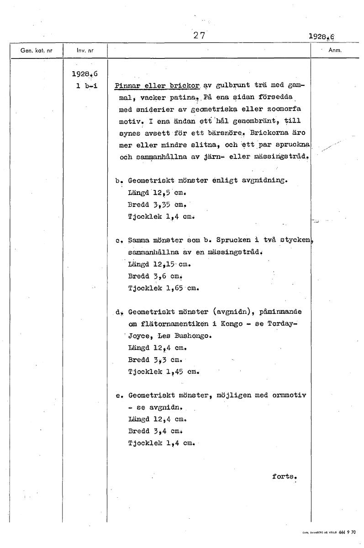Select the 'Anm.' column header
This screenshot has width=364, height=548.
(x=335, y=51)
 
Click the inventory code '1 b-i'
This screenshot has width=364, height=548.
(x=87, y=85)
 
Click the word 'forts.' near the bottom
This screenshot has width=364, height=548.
(x=285, y=476)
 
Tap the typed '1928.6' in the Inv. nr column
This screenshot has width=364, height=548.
(x=85, y=74)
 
